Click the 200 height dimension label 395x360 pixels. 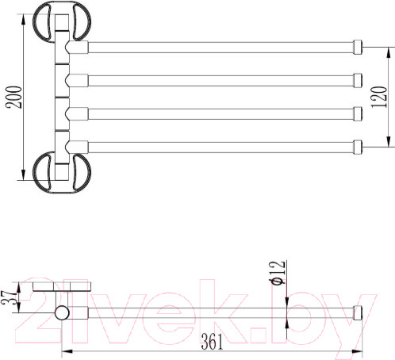pos(15,97)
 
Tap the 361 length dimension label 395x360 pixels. pos(212,342)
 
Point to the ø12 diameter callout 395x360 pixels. pos(277,273)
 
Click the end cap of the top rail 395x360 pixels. pos(358,47)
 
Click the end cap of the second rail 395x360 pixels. pos(358,80)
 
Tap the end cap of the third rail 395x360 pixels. pos(358,113)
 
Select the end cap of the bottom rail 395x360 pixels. pos(358,147)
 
